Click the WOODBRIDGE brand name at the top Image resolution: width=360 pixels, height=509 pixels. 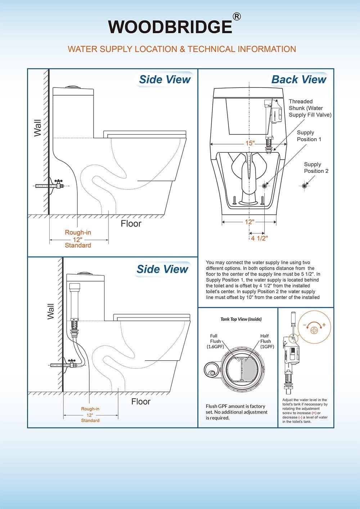point(170,27)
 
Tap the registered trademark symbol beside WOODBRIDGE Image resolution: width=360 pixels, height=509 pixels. point(237,17)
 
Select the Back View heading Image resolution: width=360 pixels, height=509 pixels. point(298,80)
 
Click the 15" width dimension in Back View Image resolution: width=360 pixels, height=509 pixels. point(250,143)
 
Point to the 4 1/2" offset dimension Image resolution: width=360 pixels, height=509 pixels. point(259,238)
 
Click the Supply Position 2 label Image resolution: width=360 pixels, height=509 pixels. point(316,168)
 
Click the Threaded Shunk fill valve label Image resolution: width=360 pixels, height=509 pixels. point(310,108)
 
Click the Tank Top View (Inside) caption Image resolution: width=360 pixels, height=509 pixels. point(241,319)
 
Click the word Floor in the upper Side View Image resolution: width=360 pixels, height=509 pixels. point(131,224)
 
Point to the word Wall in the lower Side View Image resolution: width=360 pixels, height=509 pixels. point(50,311)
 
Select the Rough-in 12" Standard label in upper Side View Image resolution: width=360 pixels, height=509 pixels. point(78,239)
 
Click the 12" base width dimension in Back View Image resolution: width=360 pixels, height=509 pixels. point(249,222)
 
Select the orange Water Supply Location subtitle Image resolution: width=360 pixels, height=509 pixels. point(182,49)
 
